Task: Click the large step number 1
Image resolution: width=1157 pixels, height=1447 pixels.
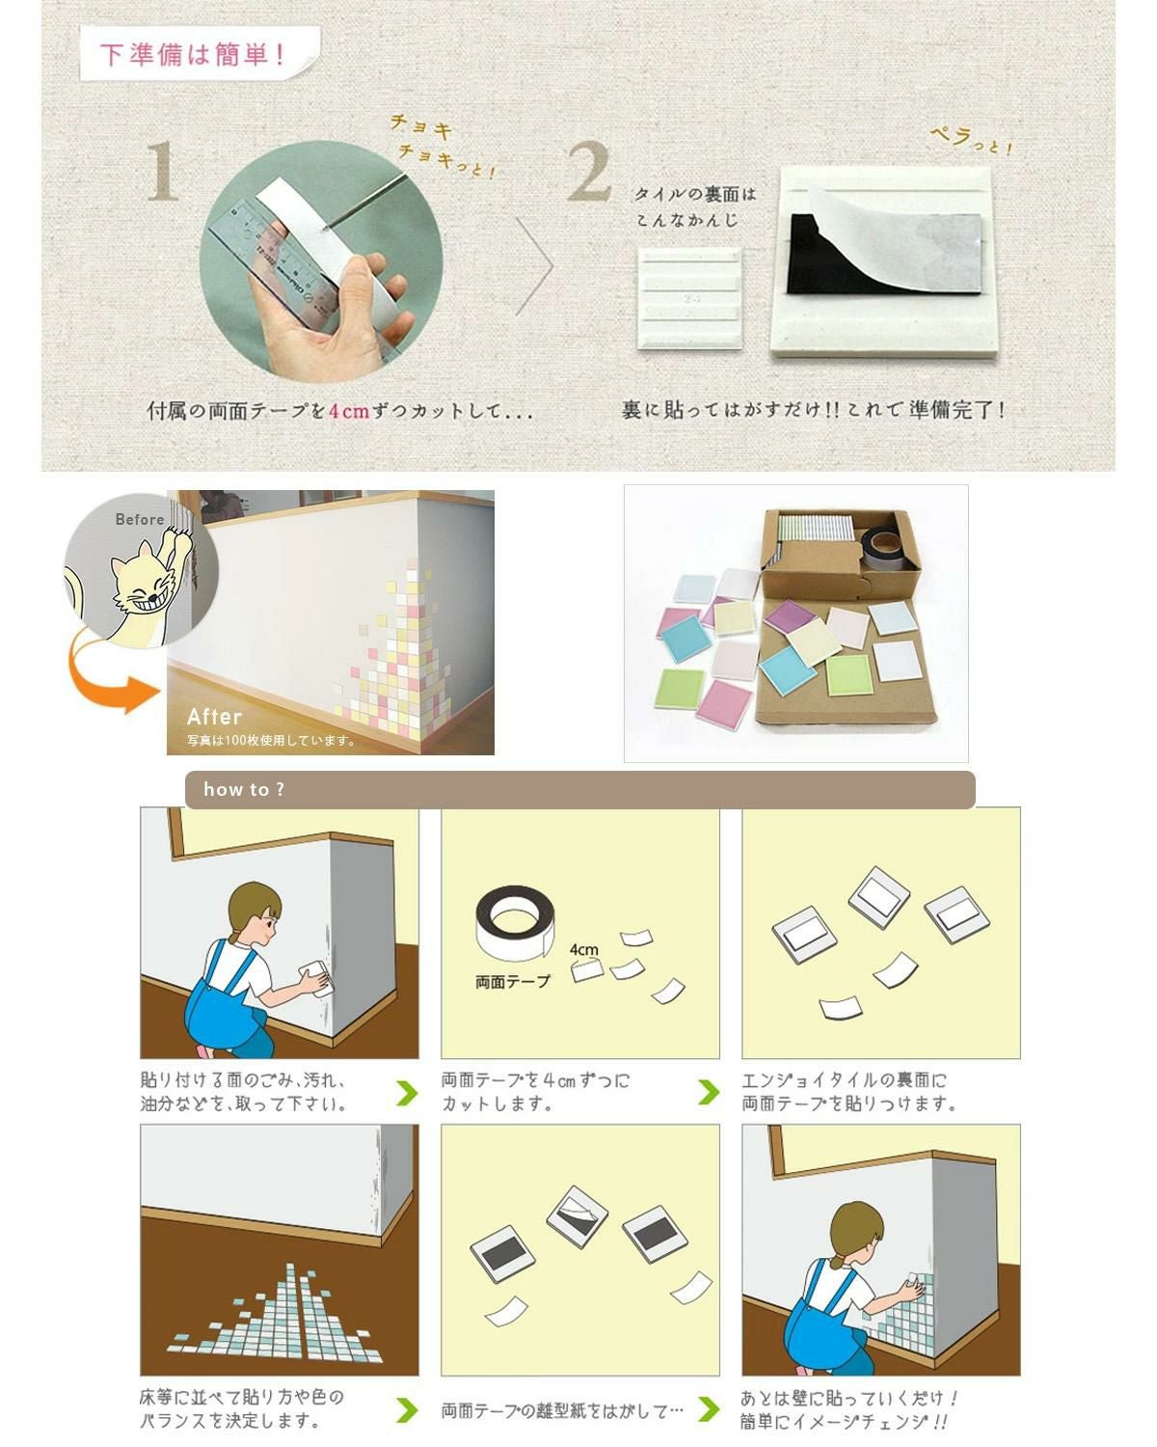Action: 163,171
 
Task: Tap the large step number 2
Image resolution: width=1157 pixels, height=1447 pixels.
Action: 589,171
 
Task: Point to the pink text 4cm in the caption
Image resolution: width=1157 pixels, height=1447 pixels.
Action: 349,410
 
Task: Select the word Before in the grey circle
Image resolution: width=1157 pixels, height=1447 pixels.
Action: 140,519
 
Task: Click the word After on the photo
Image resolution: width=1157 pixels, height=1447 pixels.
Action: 214,717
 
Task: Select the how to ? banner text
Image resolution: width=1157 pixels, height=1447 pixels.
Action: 244,789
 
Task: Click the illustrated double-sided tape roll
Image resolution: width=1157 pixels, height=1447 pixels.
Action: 515,923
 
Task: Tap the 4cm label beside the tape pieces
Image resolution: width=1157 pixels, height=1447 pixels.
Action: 583,949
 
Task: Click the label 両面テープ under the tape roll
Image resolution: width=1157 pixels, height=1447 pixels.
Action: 512,982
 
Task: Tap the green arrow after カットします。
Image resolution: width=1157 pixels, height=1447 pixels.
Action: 708,1093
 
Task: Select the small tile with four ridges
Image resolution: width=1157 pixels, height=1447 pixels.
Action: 689,298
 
